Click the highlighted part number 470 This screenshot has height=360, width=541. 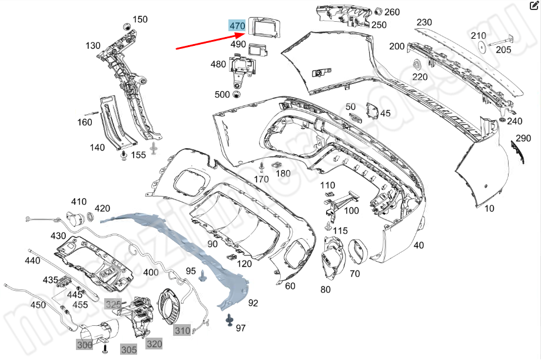point(237,26)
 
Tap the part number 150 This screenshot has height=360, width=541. point(140,19)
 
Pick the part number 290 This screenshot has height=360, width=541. point(523,138)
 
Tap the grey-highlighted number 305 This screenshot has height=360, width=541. point(129,349)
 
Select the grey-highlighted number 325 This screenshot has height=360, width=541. point(113,304)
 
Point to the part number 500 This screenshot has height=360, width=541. point(223,94)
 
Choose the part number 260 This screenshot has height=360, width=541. point(392,12)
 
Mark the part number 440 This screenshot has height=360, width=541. point(32,260)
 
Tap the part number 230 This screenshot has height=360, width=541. point(424,22)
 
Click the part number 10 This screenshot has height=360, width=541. point(489,208)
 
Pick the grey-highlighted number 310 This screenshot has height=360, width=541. point(182,331)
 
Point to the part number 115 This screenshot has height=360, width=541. point(340,231)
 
